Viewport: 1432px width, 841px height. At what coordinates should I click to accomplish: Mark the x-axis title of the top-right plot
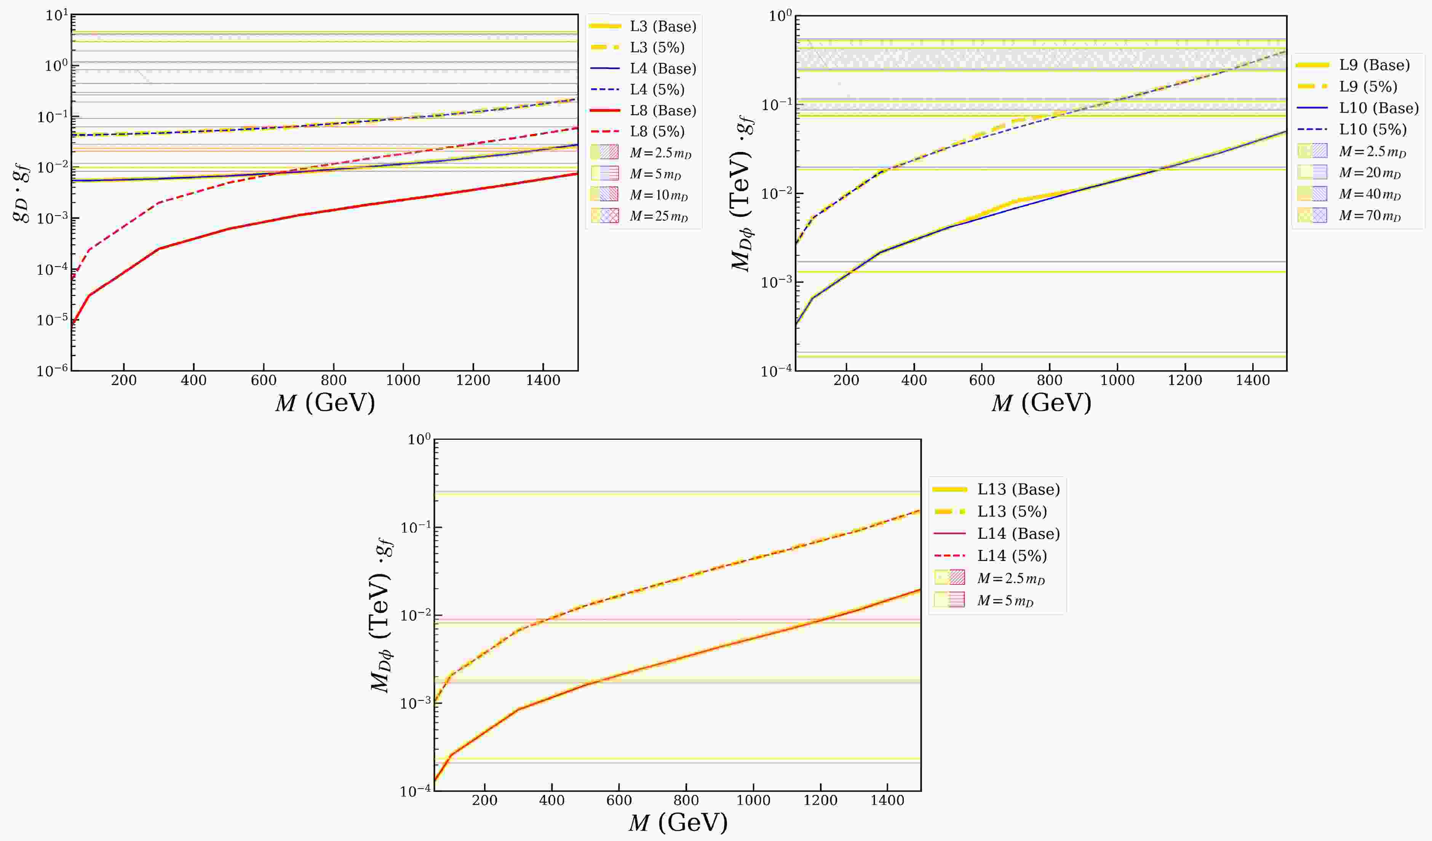coord(1041,403)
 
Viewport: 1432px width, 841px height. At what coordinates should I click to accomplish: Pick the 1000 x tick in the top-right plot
coord(1117,381)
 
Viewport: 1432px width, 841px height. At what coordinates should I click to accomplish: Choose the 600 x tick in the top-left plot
coord(264,381)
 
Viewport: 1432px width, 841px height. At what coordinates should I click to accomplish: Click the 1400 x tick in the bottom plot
coord(887,801)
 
